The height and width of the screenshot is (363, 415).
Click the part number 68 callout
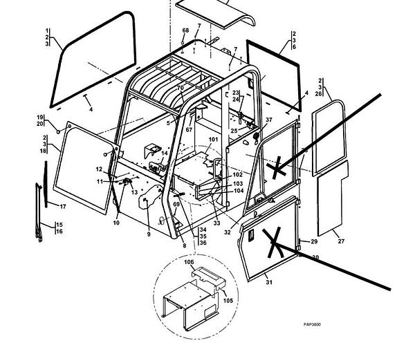coord(185,32)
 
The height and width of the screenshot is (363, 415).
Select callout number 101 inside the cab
coord(213,140)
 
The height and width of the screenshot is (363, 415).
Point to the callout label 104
coord(239,191)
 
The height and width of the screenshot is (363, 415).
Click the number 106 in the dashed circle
coord(190,263)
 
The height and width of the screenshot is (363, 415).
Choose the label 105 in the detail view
coord(228,301)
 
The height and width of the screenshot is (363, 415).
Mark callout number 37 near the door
coord(269,120)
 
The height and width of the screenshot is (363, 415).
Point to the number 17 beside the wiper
coord(62,206)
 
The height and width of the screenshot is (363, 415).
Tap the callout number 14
coord(165,152)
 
